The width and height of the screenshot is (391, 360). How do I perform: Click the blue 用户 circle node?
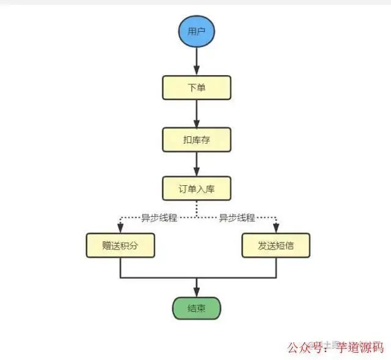point(196,32)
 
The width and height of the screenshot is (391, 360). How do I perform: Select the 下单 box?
point(196,87)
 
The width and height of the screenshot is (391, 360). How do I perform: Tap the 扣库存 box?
point(196,140)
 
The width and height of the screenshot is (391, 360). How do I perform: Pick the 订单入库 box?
point(196,188)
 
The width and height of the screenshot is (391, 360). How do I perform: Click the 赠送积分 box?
point(120,246)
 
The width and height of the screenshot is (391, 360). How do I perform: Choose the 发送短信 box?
point(276,246)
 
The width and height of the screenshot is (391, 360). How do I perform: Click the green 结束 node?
point(196,308)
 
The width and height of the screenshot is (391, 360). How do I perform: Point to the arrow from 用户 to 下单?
point(196,61)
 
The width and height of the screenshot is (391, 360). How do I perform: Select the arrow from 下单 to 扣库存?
point(196,113)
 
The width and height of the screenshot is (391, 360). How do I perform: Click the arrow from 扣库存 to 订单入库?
point(196,164)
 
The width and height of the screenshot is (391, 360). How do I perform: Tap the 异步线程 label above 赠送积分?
point(159,218)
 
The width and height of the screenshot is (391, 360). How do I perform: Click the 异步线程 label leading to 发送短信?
point(236,218)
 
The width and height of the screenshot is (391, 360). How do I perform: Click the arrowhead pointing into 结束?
point(196,292)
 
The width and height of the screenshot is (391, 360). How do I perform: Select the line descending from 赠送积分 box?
point(120,268)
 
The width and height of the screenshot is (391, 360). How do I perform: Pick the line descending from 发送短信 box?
point(276,268)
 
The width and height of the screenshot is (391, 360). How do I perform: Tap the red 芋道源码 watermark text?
point(360,347)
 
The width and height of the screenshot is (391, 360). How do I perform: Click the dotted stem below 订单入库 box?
point(196,208)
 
